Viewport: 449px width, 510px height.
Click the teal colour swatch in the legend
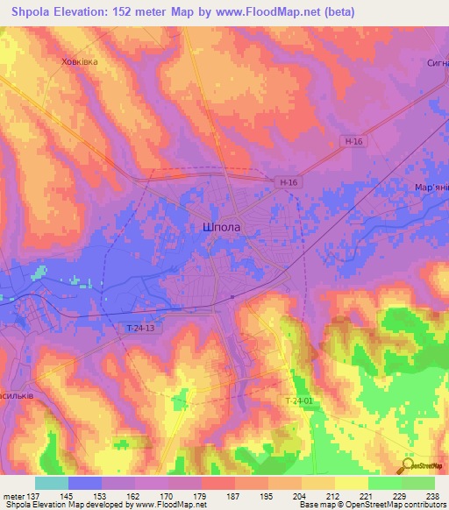coord(52,483)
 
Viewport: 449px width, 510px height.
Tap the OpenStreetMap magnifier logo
coord(406,466)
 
